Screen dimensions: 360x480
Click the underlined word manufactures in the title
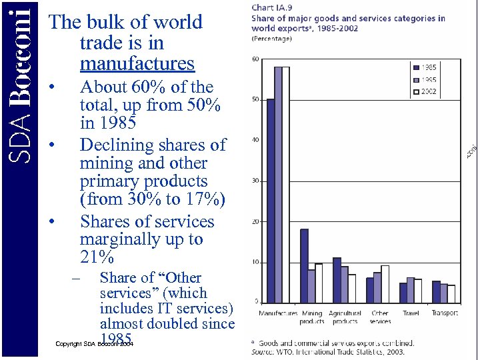[x=137, y=63]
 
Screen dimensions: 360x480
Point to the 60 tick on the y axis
[x=255, y=59]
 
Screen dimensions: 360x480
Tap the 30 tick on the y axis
[x=255, y=181]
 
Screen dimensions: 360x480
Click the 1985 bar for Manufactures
[x=271, y=200]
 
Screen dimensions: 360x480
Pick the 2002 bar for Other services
[x=385, y=283]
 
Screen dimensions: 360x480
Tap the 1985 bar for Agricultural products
[x=337, y=279]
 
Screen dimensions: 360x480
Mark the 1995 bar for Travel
[x=410, y=289]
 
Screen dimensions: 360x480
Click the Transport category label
[x=445, y=313]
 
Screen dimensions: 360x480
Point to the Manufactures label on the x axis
[x=278, y=313]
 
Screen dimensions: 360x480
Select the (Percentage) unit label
[x=271, y=39]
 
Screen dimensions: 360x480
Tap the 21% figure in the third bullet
[x=97, y=257]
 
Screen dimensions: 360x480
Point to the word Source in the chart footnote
[x=263, y=351]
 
